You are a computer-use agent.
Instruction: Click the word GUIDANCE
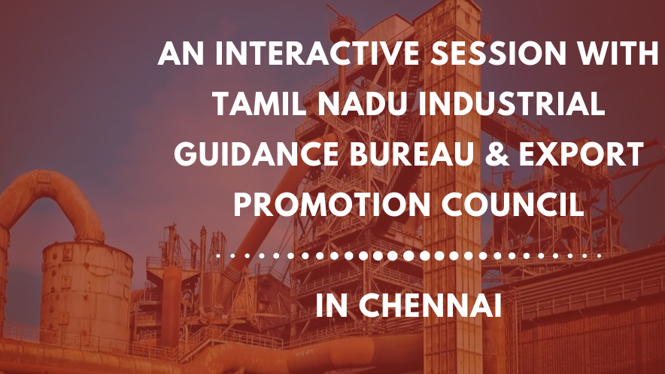[x=257, y=154]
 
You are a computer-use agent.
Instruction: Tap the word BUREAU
[x=411, y=154]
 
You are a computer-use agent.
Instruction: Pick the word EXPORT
[x=581, y=154]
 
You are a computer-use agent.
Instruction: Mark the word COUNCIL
[x=512, y=204]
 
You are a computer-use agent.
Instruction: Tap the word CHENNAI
[x=430, y=305]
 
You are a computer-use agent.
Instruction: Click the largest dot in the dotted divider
[x=408, y=256]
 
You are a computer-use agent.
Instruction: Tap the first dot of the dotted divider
[x=218, y=256]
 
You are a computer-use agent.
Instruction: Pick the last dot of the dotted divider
[x=599, y=256]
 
